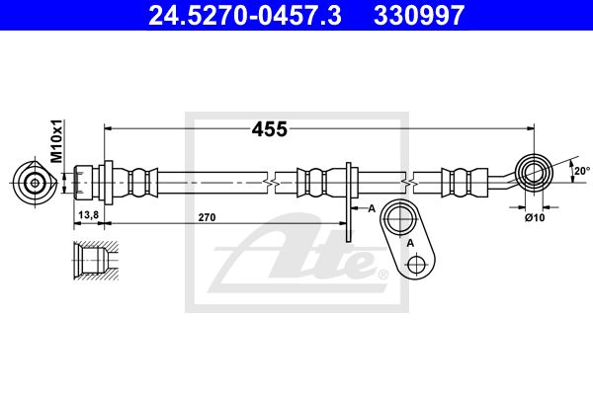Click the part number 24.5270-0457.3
(x=245, y=15)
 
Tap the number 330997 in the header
(x=419, y=15)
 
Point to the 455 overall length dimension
(x=270, y=129)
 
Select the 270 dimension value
(x=207, y=217)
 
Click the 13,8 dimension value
(x=89, y=215)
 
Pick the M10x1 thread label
(x=56, y=140)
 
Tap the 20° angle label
(x=582, y=171)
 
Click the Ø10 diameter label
(x=535, y=217)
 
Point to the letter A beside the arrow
(x=372, y=208)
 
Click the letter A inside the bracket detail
(x=410, y=244)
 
